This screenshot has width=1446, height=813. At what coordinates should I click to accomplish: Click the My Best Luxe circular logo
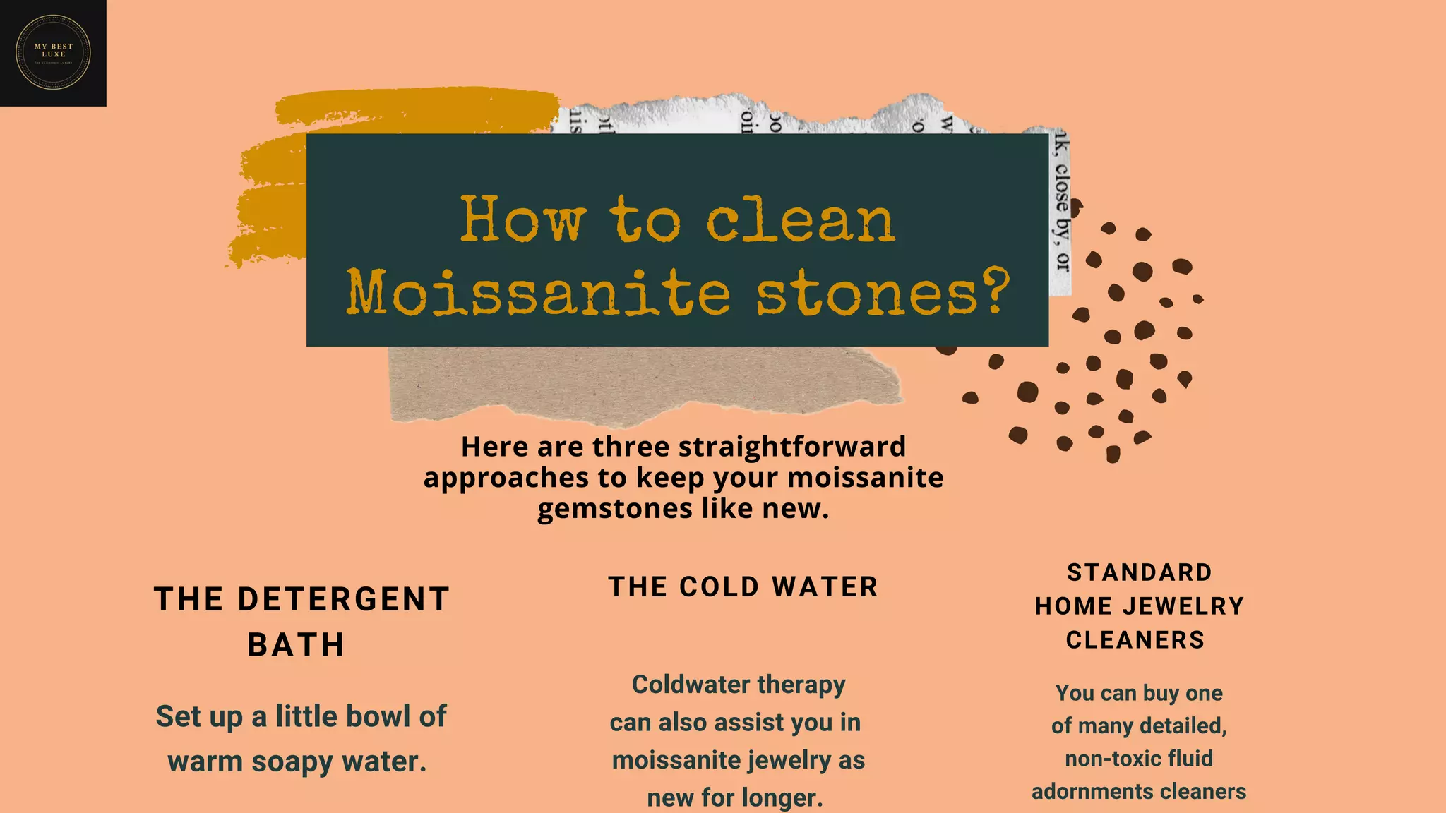pos(53,53)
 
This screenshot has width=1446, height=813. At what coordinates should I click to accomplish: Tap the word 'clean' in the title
pos(801,220)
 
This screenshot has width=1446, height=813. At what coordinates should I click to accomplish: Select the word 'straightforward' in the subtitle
pos(791,447)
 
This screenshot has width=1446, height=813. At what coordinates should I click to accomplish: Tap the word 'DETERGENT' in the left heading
pos(343,600)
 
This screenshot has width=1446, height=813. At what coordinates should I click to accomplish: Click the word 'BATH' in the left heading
pos(297,645)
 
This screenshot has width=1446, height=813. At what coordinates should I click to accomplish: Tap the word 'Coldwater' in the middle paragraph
pos(681,685)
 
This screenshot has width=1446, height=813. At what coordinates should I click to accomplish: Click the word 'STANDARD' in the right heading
pos(1140,572)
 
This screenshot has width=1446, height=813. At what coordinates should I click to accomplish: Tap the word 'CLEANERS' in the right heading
pos(1135,640)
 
